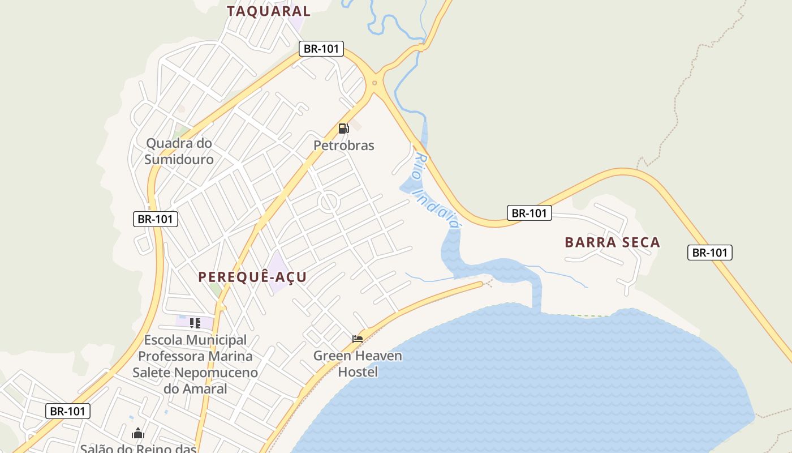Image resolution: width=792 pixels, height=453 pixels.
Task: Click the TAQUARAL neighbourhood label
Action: (x=269, y=11)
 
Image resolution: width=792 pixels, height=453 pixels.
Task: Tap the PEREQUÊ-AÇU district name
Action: (x=252, y=277)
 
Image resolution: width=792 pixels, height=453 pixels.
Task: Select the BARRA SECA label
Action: (x=612, y=242)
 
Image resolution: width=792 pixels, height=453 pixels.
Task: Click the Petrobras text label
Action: (x=344, y=146)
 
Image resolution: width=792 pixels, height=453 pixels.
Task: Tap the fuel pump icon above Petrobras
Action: (x=343, y=129)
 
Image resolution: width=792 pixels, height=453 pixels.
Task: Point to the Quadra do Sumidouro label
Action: (x=179, y=151)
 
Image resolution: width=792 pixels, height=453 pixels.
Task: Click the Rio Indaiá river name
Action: (x=436, y=190)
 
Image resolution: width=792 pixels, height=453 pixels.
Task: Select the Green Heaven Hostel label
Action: (x=358, y=364)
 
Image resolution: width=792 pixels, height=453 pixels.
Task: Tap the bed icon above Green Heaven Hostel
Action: (x=358, y=339)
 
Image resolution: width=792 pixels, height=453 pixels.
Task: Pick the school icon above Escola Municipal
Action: (x=195, y=323)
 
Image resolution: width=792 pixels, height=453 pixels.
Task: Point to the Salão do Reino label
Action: (x=138, y=448)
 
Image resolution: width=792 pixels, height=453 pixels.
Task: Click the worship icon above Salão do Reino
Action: (x=138, y=434)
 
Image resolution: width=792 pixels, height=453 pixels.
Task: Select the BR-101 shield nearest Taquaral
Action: (x=321, y=49)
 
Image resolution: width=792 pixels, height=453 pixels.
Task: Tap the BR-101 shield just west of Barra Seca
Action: (x=529, y=213)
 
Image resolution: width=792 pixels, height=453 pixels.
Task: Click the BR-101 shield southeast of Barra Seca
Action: (x=710, y=253)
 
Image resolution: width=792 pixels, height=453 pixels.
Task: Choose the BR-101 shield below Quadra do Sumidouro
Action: (x=156, y=219)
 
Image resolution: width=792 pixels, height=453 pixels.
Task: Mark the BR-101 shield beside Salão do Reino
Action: (x=68, y=411)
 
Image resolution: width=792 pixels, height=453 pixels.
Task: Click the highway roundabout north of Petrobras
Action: (x=375, y=83)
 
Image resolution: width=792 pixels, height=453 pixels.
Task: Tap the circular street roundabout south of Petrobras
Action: (x=328, y=202)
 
